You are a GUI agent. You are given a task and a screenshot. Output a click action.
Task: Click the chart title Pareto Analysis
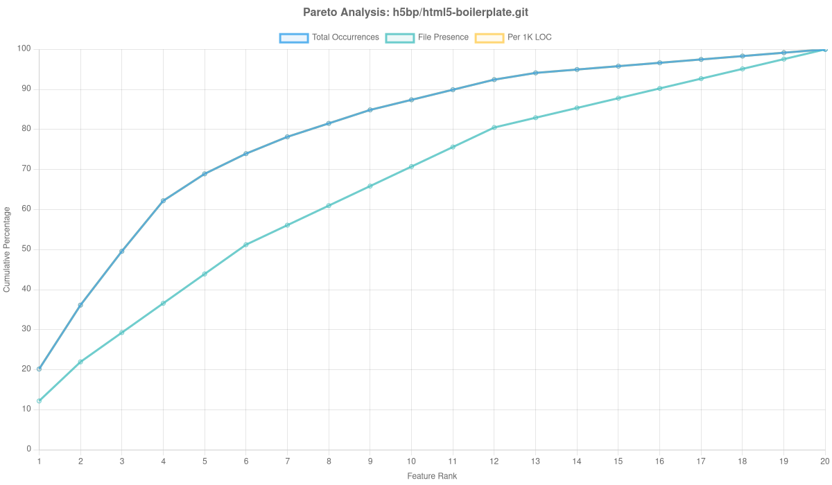(416, 12)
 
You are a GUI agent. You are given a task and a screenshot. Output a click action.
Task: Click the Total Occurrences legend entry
(329, 37)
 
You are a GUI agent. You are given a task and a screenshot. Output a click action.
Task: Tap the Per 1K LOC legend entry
(512, 37)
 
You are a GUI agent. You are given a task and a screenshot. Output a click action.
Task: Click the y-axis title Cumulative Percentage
(7, 249)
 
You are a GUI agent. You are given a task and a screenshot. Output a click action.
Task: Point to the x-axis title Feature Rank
(432, 477)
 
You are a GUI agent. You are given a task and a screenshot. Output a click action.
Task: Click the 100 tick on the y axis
(25, 48)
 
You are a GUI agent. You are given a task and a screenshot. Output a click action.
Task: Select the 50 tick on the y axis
(27, 249)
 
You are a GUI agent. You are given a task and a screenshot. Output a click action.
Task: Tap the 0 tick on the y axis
(29, 448)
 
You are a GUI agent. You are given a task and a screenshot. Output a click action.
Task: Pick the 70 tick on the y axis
(27, 168)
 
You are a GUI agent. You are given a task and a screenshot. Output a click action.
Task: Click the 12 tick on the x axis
(494, 461)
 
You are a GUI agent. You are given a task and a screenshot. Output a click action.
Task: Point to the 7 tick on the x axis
(287, 461)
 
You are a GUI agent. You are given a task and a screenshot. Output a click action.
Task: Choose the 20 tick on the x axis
(825, 461)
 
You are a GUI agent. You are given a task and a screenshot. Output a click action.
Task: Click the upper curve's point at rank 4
(163, 201)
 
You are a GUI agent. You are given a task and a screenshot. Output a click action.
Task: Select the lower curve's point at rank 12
(494, 127)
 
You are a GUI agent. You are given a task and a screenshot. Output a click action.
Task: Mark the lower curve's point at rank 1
(39, 401)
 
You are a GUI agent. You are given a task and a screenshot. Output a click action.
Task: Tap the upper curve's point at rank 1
(39, 369)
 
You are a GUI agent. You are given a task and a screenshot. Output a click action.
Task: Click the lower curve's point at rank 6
(246, 245)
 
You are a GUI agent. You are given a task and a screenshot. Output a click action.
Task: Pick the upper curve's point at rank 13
(535, 73)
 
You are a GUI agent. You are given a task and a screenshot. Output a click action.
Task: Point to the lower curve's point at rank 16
(659, 88)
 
